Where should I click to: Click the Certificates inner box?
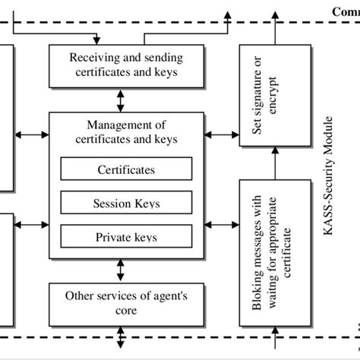pyautogui.click(x=126, y=169)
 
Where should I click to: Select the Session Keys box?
pyautogui.click(x=126, y=203)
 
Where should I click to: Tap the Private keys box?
pyautogui.click(x=126, y=236)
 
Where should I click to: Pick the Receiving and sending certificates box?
pyautogui.click(x=126, y=65)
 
